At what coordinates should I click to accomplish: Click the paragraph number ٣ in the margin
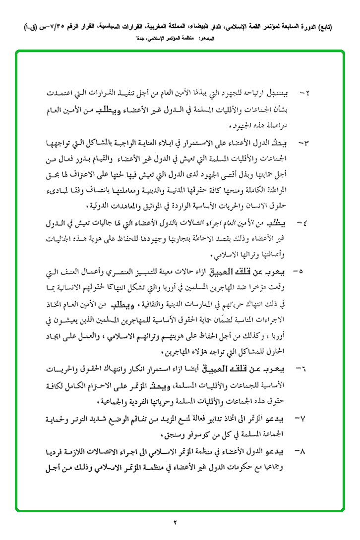pos(303,144)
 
